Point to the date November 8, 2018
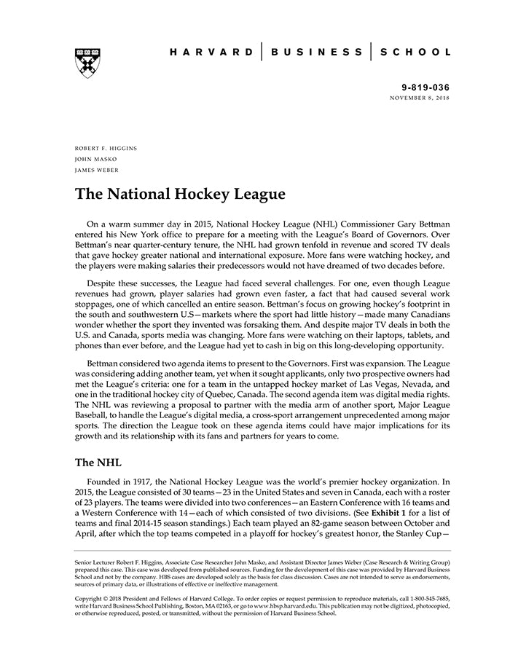coord(420,98)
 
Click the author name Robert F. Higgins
coord(106,148)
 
